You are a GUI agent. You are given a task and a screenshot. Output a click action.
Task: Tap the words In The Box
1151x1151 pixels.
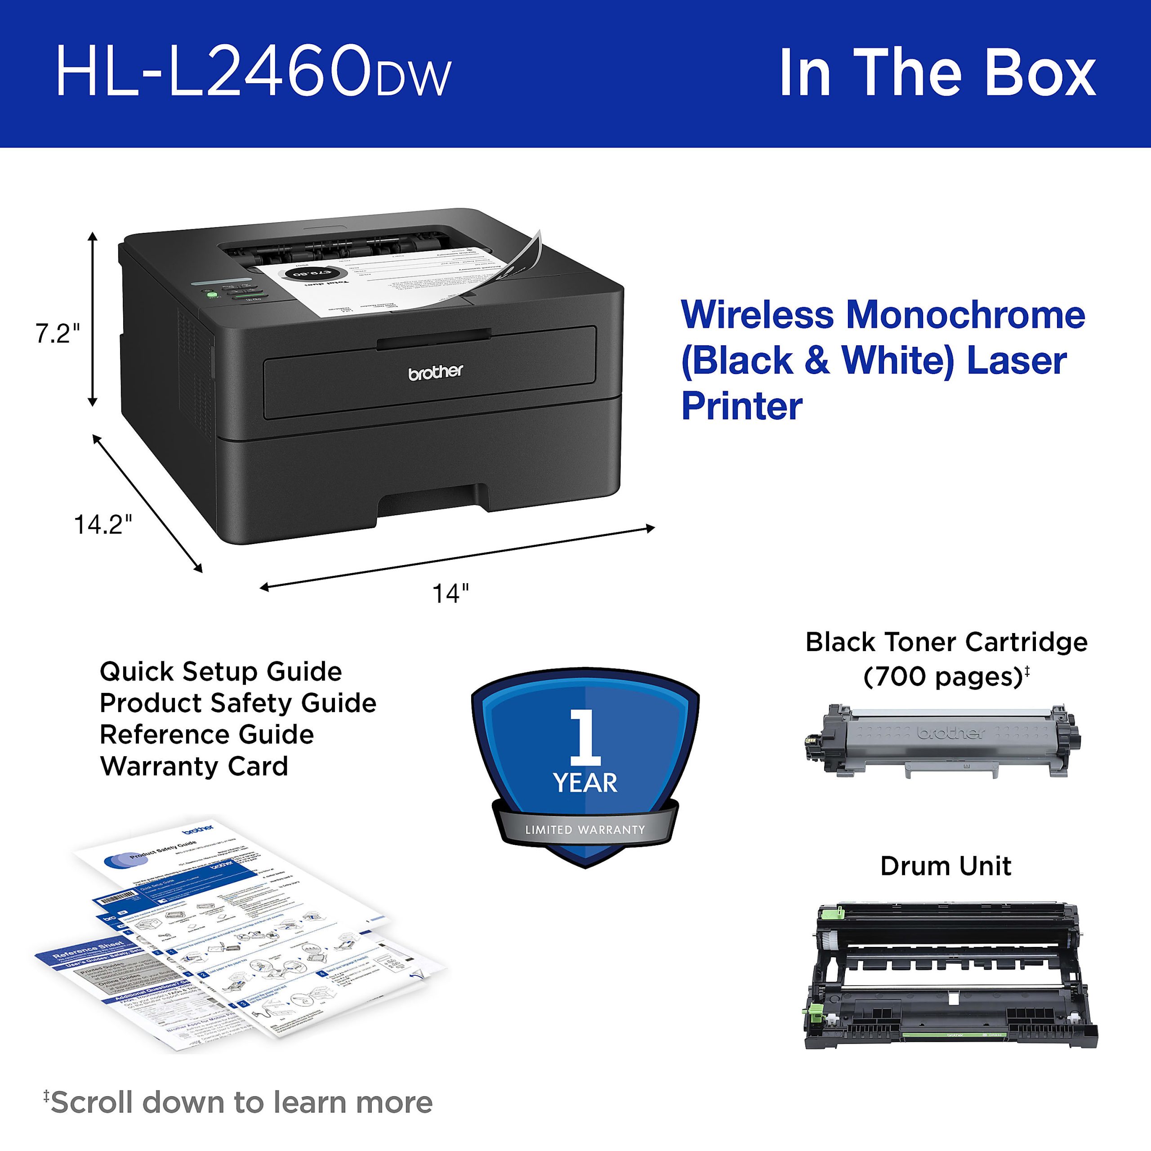point(937,73)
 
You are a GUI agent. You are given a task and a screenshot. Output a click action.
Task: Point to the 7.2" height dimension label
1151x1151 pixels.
point(57,334)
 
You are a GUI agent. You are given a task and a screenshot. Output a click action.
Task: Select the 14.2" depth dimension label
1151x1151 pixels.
point(103,524)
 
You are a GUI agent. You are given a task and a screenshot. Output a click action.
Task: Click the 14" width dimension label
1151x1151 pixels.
point(451,594)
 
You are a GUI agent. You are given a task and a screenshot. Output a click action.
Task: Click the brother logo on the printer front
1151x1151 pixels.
point(436,372)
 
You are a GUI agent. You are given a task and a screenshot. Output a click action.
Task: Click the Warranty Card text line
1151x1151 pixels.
point(194,766)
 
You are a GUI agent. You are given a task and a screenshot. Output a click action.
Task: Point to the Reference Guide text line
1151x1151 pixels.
point(207,735)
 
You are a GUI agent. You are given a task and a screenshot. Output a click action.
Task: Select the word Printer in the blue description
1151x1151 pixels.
point(742,406)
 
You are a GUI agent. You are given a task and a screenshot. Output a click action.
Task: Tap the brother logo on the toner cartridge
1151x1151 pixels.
point(951,732)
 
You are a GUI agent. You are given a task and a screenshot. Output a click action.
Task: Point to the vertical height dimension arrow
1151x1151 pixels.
point(92,319)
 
